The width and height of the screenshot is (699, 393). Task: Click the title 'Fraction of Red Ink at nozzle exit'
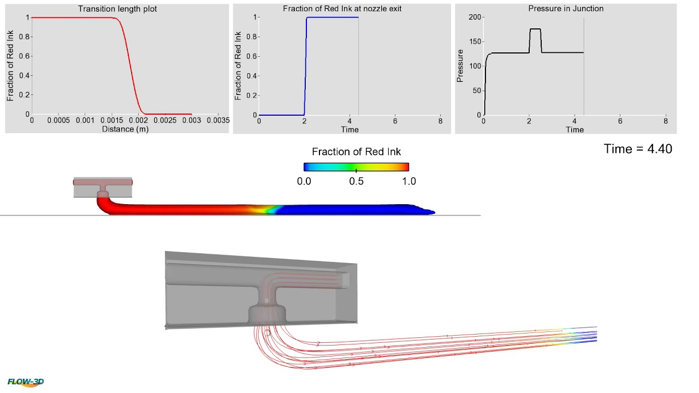click(x=342, y=9)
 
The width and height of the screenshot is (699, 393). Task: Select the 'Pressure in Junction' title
click(x=566, y=9)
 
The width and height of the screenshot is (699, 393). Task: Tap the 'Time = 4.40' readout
click(x=638, y=148)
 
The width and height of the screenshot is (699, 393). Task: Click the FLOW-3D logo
click(x=26, y=382)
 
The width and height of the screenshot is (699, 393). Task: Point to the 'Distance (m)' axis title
click(x=125, y=129)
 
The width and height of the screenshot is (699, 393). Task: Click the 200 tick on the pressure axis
click(x=475, y=17)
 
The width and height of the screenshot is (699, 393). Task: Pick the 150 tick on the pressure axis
click(x=475, y=42)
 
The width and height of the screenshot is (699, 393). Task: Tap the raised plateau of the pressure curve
click(x=535, y=29)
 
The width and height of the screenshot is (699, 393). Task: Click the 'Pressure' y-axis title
click(x=460, y=66)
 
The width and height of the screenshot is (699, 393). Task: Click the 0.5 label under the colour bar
click(x=356, y=181)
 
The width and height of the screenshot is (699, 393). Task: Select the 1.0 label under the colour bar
click(x=408, y=181)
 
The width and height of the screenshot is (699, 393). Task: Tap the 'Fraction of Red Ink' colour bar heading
click(x=356, y=151)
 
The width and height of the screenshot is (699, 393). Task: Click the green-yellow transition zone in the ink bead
click(x=268, y=209)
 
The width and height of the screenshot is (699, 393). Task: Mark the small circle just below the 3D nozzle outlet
click(x=267, y=332)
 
